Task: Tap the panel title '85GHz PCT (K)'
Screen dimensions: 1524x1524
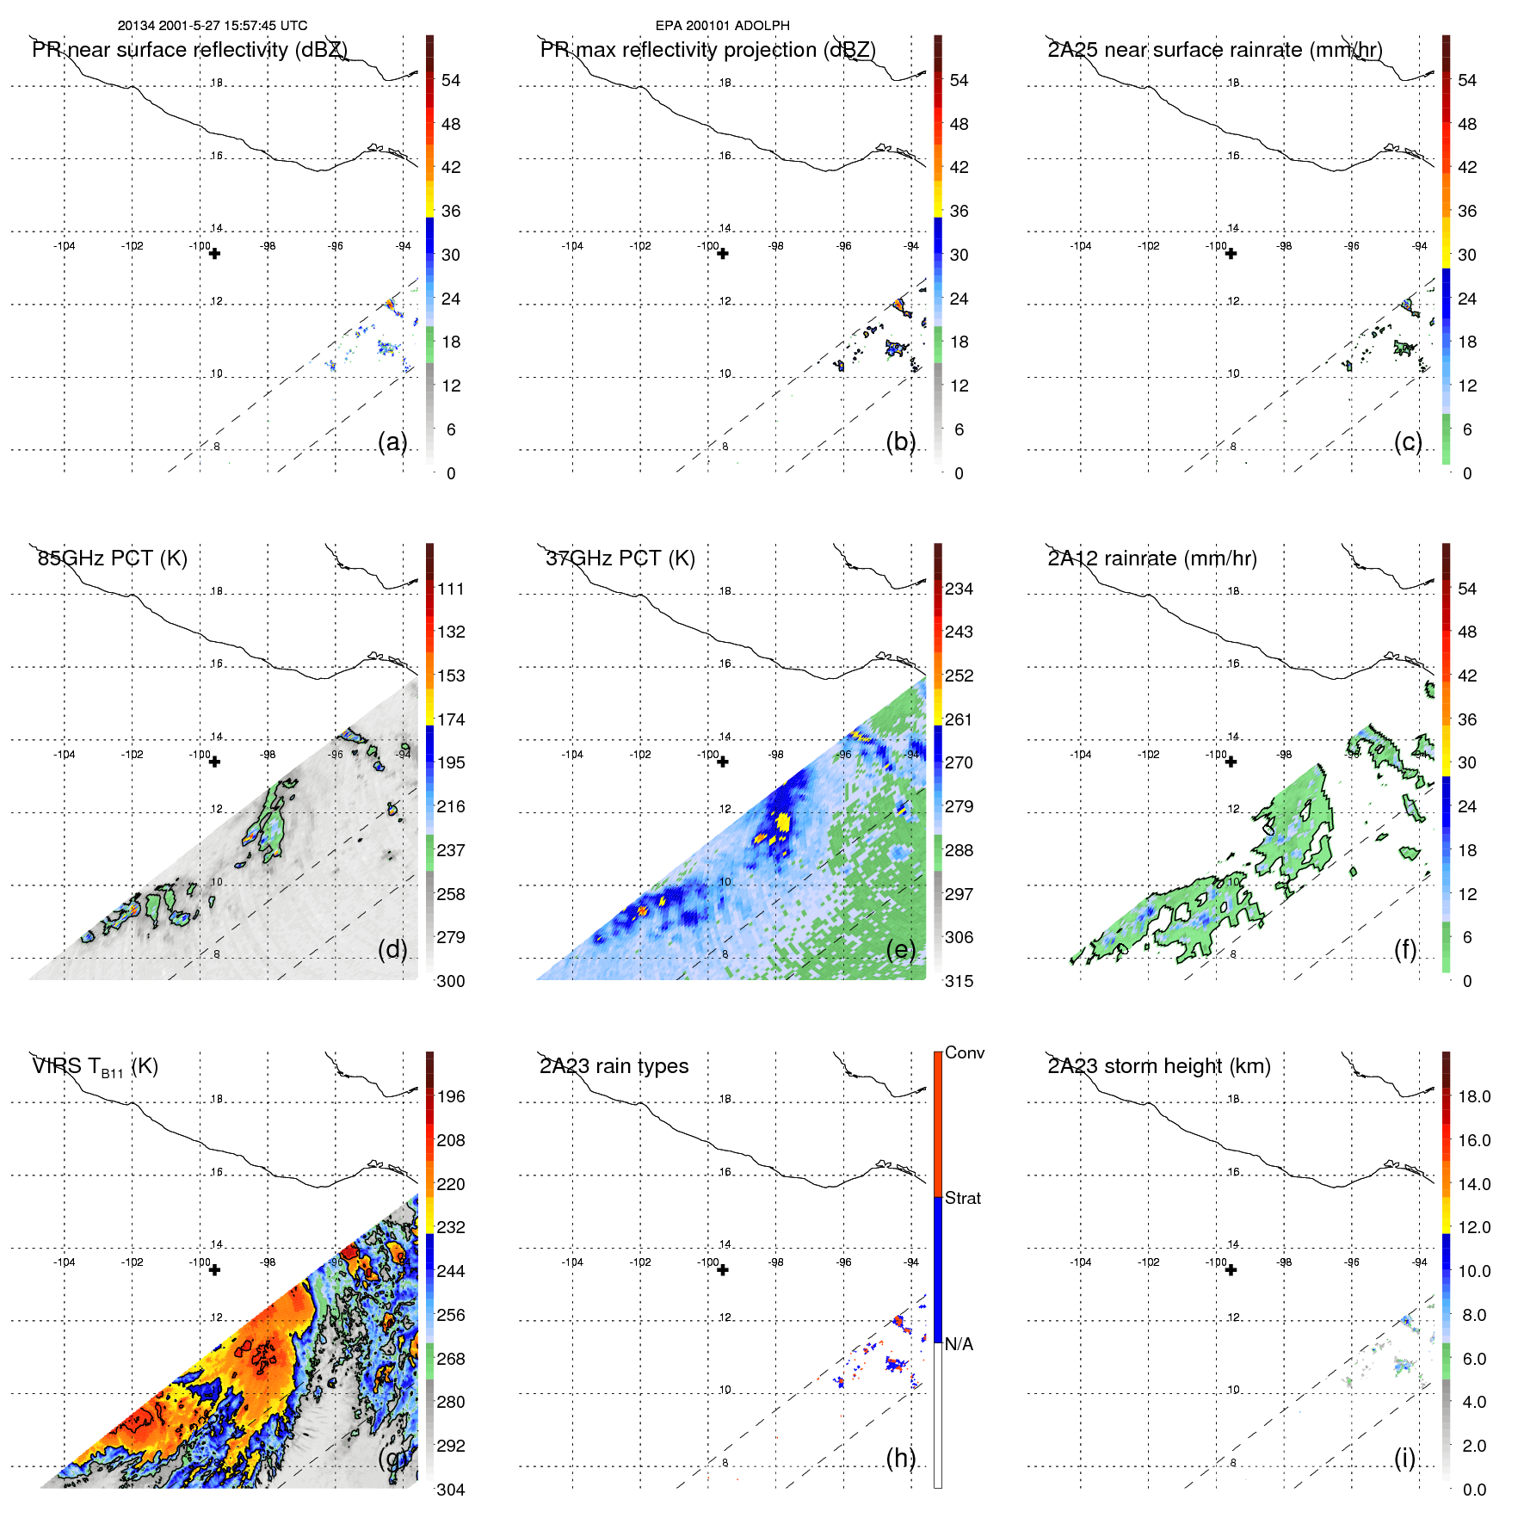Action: tap(112, 558)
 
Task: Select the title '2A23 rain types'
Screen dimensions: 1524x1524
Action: tap(614, 1066)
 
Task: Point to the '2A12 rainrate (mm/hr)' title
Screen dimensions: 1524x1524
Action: tap(1151, 558)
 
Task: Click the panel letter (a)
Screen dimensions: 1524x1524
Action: tap(392, 441)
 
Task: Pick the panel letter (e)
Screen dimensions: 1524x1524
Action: tap(901, 949)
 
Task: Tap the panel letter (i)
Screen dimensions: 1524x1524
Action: tap(1404, 1458)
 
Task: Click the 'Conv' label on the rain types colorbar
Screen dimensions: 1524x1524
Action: tap(965, 1053)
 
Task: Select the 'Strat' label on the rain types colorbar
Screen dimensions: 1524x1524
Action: tap(963, 1199)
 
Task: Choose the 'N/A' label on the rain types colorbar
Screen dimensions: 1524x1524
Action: tap(959, 1344)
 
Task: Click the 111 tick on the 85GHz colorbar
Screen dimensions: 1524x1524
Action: tap(451, 589)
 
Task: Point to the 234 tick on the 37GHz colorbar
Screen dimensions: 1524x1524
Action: tap(959, 589)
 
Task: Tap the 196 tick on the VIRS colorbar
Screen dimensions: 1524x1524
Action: tap(451, 1097)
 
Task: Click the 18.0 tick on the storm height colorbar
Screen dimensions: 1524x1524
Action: tap(1474, 1097)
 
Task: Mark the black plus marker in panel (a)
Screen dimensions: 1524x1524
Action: tap(215, 254)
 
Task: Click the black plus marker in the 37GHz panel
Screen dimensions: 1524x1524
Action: tap(723, 762)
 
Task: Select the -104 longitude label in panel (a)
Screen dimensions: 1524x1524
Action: tap(65, 246)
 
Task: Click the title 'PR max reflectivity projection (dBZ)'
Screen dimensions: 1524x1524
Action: tap(707, 50)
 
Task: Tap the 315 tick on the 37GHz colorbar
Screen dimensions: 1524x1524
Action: tap(959, 982)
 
